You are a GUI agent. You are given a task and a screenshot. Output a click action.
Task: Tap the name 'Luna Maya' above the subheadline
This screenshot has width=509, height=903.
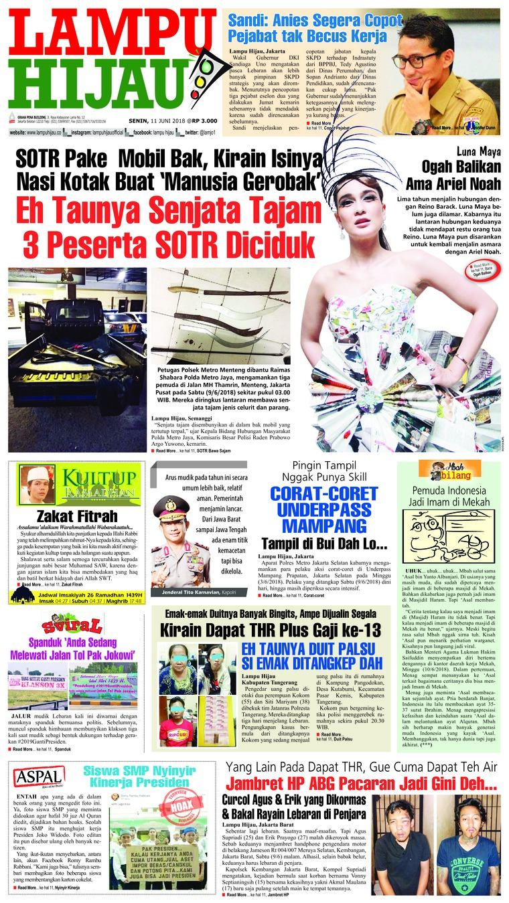click(x=477, y=151)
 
